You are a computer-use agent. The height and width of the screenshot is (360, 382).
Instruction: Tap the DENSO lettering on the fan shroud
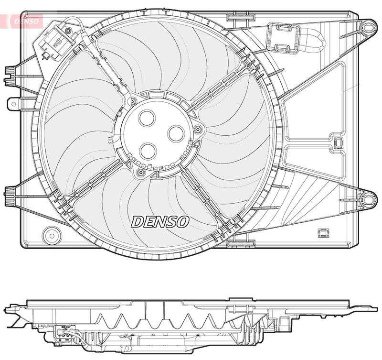click(160, 221)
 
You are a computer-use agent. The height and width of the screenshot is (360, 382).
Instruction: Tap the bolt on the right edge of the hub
click(196, 127)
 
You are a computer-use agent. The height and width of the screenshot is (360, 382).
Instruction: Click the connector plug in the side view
click(63, 331)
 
